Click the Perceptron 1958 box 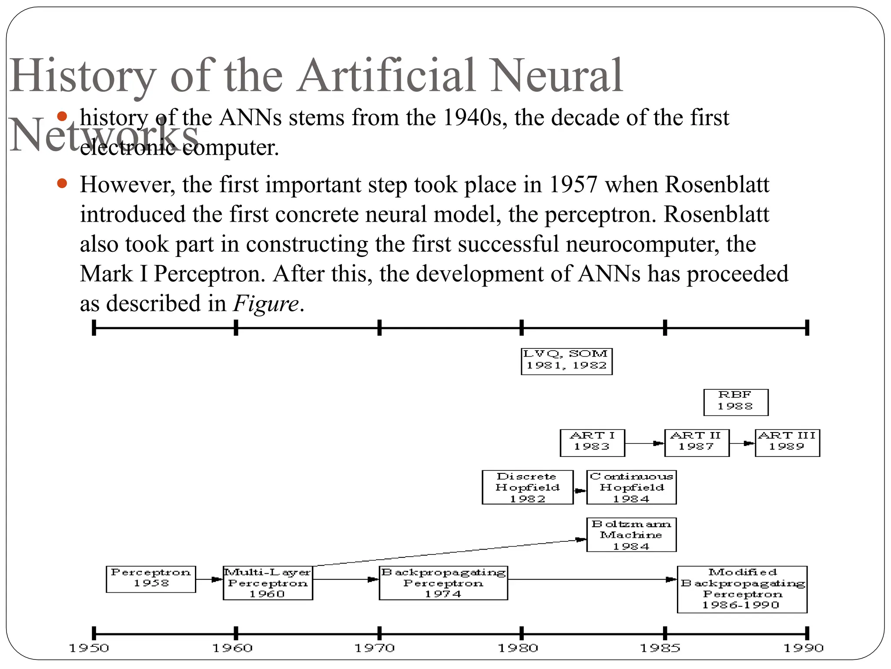[151, 579]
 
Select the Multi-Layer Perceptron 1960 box [268, 583]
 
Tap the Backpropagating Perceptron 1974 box [443, 583]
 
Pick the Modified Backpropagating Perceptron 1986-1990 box [742, 589]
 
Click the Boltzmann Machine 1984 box [631, 534]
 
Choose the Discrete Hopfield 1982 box [527, 487]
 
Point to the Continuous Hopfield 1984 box [631, 487]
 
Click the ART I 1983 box [592, 443]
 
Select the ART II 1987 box [697, 443]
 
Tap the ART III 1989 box [787, 443]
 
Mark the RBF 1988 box [735, 402]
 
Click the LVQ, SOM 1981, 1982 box [566, 361]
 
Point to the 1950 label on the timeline [89, 649]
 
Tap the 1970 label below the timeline [375, 649]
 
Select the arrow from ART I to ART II [644, 443]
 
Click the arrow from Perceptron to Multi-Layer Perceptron [209, 579]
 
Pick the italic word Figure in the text [266, 303]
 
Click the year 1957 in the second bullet [573, 185]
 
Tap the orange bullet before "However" [62, 183]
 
